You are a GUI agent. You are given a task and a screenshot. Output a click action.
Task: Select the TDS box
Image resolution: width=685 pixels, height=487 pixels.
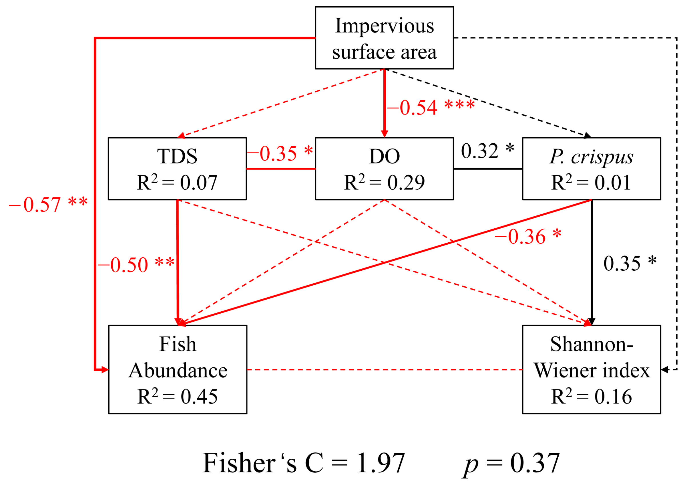tap(177, 169)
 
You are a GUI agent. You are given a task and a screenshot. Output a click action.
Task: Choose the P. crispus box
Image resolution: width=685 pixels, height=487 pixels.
tap(591, 169)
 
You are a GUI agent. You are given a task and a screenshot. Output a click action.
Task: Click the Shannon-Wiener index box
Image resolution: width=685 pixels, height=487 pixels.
tap(591, 369)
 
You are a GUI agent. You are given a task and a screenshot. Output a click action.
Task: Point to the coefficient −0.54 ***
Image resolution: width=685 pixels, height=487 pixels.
tap(431, 107)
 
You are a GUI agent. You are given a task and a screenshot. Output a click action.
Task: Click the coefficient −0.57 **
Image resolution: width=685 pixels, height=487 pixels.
tap(48, 205)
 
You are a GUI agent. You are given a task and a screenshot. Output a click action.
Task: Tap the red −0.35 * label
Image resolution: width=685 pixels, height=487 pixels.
tap(280, 153)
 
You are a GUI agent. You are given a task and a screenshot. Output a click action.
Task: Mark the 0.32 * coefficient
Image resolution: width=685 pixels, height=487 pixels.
tap(487, 151)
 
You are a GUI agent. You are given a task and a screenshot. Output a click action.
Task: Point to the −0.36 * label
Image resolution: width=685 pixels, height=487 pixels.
tap(528, 237)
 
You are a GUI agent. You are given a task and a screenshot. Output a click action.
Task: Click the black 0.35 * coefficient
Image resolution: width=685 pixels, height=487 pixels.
tap(630, 263)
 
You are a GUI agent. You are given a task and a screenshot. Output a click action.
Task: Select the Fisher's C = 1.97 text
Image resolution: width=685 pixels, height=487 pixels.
tap(304, 463)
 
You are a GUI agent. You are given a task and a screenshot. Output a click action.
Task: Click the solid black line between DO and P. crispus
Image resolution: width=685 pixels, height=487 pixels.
tap(487, 169)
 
